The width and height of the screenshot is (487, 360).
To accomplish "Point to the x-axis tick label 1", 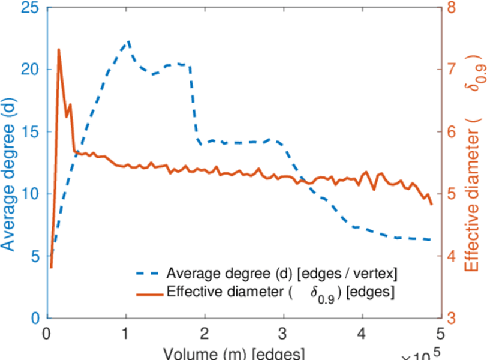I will [126, 333].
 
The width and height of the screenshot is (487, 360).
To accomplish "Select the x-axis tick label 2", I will [205, 333].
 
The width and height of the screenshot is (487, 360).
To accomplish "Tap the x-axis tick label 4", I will [362, 333].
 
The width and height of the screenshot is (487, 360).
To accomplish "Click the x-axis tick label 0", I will [47, 333].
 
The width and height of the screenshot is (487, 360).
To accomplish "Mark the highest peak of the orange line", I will [59, 49].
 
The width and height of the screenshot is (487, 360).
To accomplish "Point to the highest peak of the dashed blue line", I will [128, 41].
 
